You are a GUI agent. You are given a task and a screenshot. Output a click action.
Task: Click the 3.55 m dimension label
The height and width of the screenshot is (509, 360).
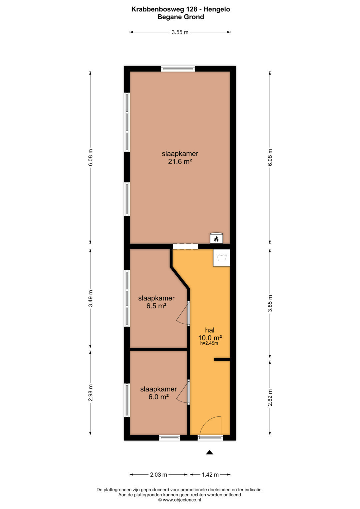point(180,32)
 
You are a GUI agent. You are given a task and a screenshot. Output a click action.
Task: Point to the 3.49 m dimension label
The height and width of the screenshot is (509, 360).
point(90,298)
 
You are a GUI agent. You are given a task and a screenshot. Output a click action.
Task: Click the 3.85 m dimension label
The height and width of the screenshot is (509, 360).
point(270,303)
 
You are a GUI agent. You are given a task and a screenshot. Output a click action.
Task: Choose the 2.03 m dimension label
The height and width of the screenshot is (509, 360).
point(158,474)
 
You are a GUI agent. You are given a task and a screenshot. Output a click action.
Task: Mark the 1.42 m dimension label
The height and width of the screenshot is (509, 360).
point(210,474)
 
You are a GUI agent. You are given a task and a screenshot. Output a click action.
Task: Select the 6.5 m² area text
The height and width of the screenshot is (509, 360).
point(156,306)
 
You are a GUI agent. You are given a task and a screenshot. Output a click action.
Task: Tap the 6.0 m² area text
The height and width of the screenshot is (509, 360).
point(158,397)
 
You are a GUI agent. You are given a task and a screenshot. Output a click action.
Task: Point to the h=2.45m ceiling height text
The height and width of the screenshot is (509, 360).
point(209,343)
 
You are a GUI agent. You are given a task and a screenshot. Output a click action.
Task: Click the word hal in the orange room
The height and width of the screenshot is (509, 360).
point(210,330)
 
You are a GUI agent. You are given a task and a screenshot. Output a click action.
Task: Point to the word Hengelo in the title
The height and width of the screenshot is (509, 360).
point(217,9)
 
